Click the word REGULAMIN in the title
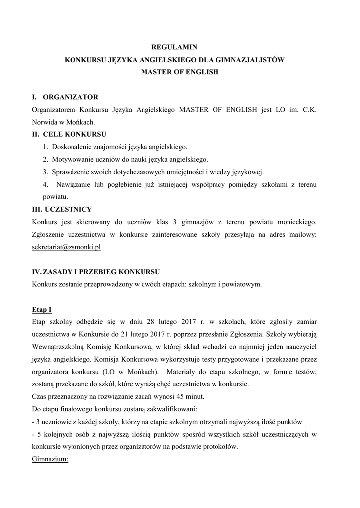[180, 47]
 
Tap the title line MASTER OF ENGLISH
[180, 72]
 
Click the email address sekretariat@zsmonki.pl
[66, 247]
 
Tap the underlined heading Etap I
[42, 310]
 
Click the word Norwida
[46, 122]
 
